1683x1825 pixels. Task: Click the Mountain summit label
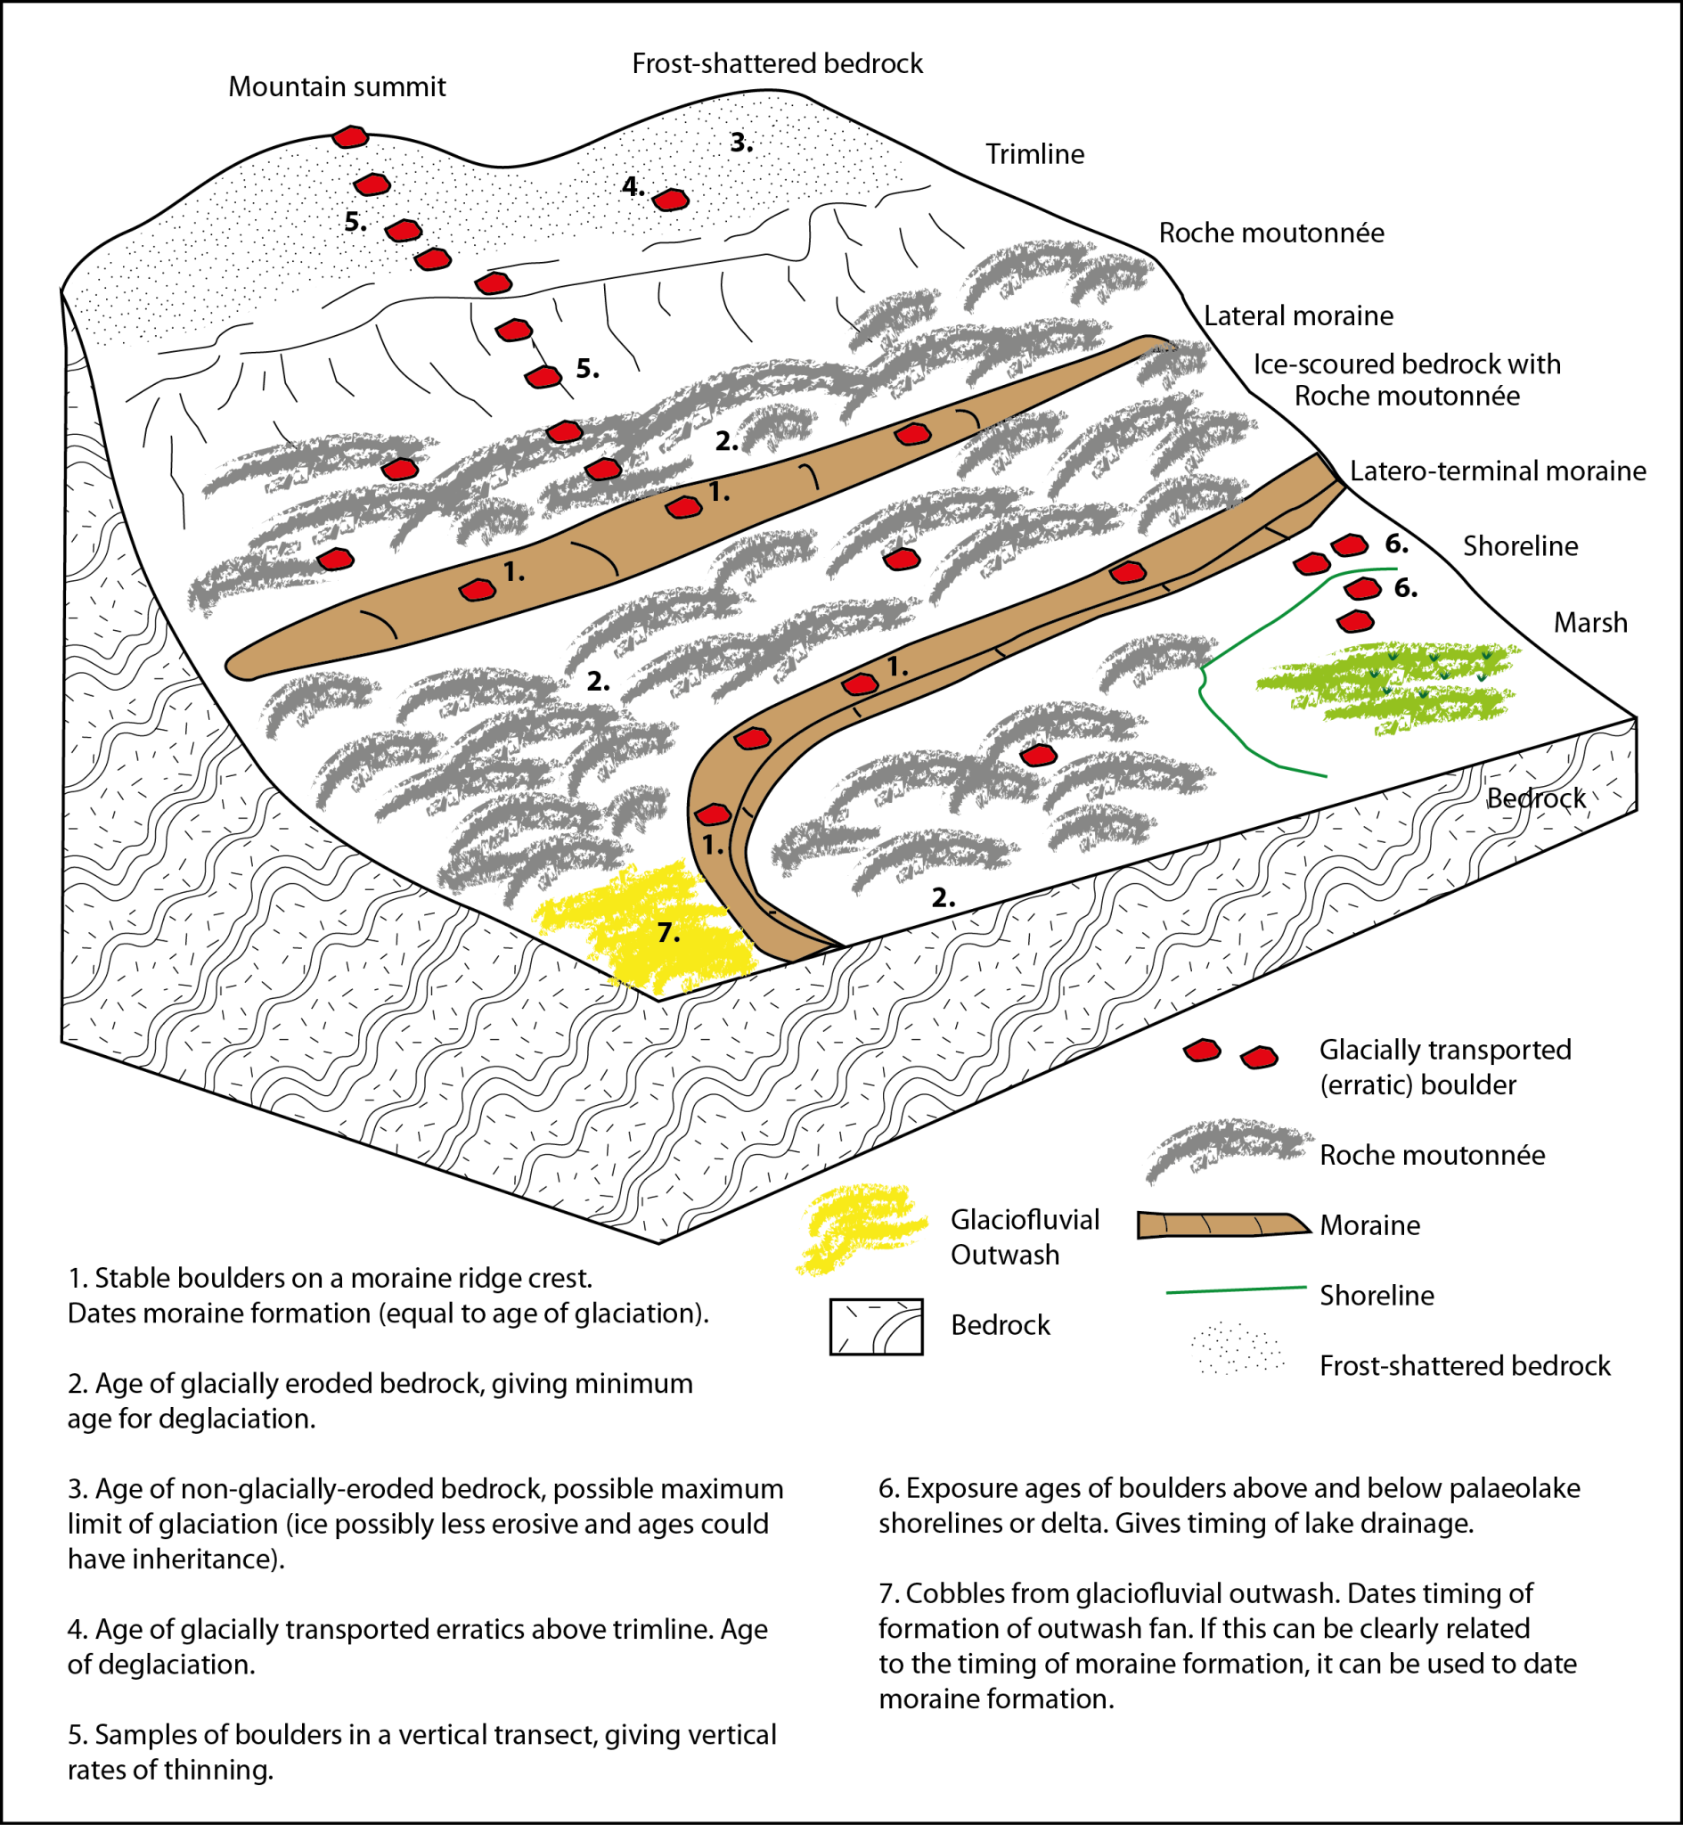pos(336,86)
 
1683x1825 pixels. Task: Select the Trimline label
pos(1034,154)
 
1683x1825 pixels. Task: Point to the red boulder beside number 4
pos(670,200)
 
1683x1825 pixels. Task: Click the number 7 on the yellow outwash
pos(667,932)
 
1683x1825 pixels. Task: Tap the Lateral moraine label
pos(1298,316)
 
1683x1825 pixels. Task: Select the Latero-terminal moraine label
pos(1496,471)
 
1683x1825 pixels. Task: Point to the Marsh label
pos(1589,623)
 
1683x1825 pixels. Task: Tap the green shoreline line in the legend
pos(1236,1289)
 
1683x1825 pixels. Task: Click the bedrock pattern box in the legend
pos(876,1327)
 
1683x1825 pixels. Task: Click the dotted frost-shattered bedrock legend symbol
pos(1236,1350)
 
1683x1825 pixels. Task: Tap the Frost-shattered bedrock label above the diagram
pos(777,64)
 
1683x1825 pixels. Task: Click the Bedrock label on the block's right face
pos(1536,798)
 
